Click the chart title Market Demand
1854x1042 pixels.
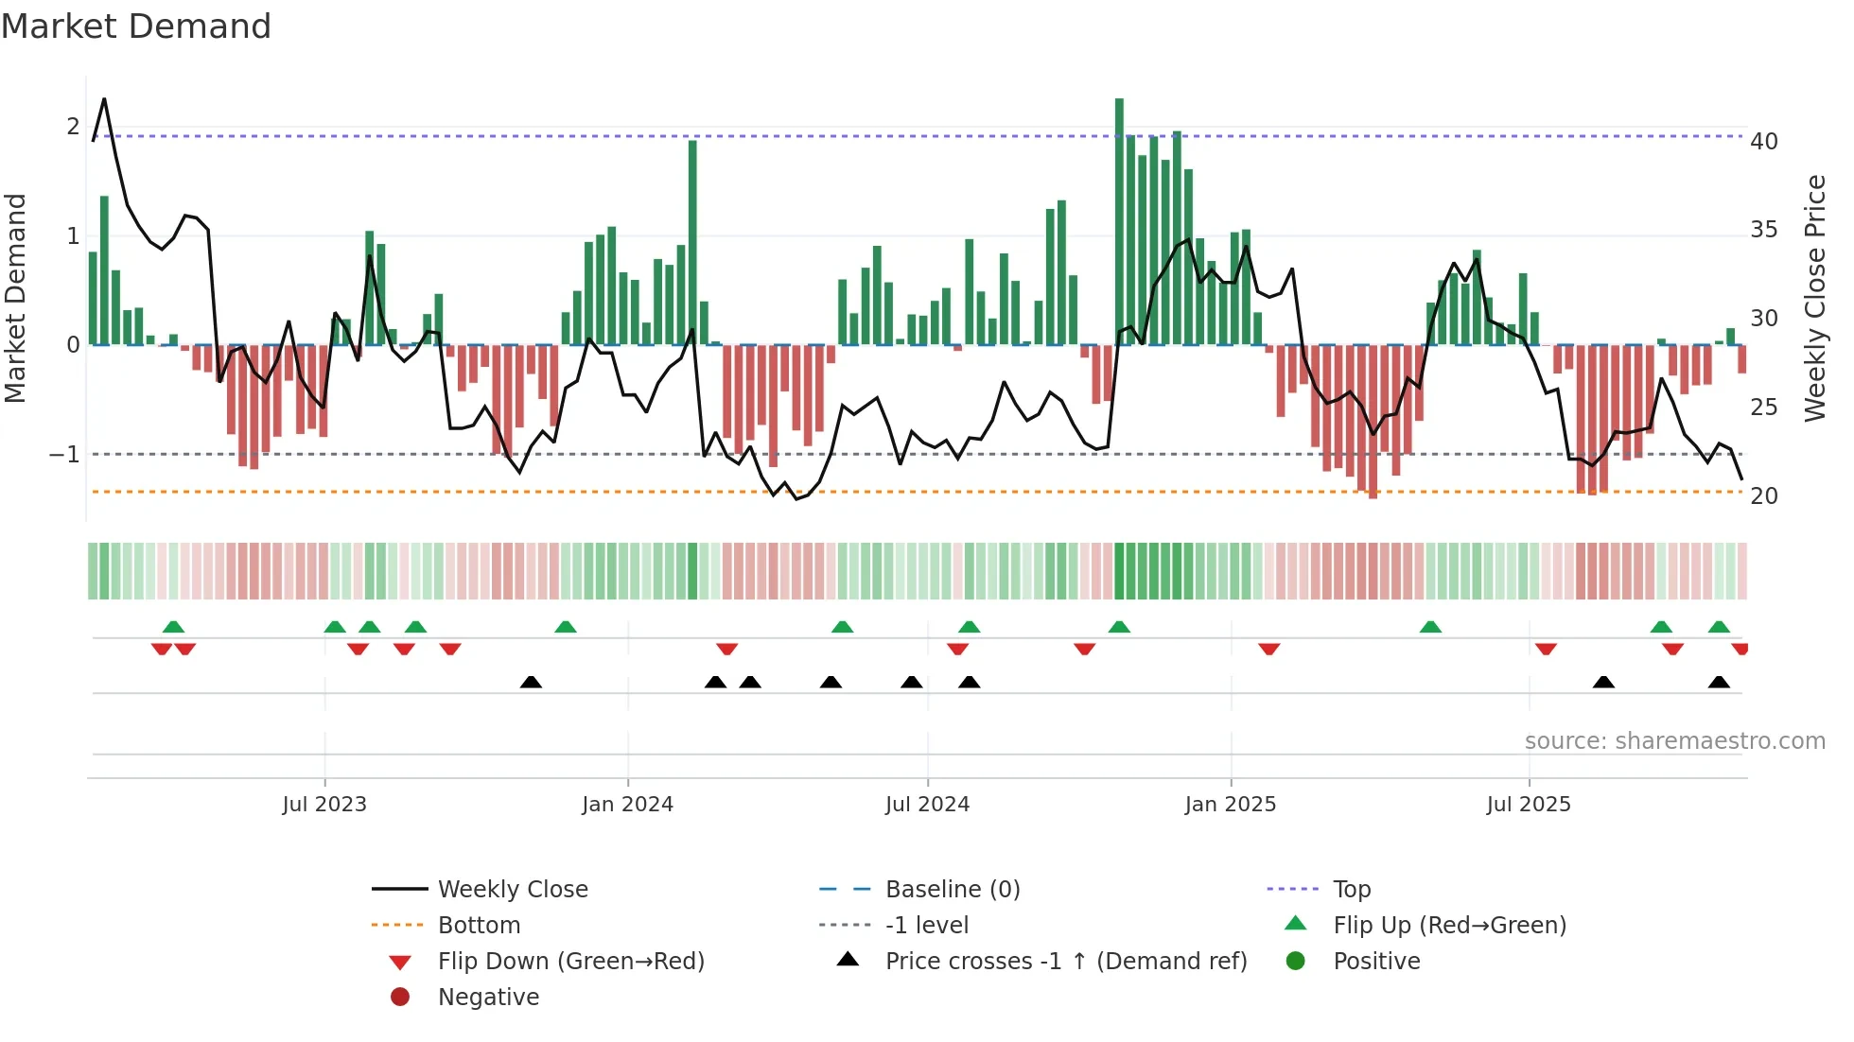coord(136,26)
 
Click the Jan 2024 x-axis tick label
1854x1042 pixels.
coord(627,805)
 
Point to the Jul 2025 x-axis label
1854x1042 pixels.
coord(1528,805)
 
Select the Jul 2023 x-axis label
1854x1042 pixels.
coord(324,805)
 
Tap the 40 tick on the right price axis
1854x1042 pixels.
coord(1763,142)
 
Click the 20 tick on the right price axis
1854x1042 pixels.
coord(1763,496)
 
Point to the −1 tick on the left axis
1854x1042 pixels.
coord(64,455)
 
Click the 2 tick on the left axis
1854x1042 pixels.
coord(73,127)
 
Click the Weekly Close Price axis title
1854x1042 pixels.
coord(1814,298)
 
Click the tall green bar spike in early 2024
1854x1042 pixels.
coord(692,241)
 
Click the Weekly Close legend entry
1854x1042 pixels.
coord(512,890)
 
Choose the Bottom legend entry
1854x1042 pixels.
coord(479,926)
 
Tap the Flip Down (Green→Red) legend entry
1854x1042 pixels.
coord(570,962)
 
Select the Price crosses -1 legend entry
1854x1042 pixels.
coord(1065,962)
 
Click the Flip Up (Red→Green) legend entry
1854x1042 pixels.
coord(1449,926)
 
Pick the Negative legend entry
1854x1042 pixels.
coord(488,998)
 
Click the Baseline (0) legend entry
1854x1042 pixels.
coord(952,890)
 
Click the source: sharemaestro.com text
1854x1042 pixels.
coord(1674,741)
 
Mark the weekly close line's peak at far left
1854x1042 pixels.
coord(104,98)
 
